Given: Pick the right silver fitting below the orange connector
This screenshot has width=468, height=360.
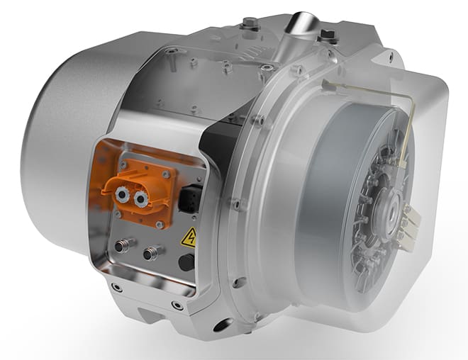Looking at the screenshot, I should [151, 252].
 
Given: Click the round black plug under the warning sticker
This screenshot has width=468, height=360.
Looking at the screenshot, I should [186, 262].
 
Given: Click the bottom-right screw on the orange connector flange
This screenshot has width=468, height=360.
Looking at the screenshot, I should [162, 223].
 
